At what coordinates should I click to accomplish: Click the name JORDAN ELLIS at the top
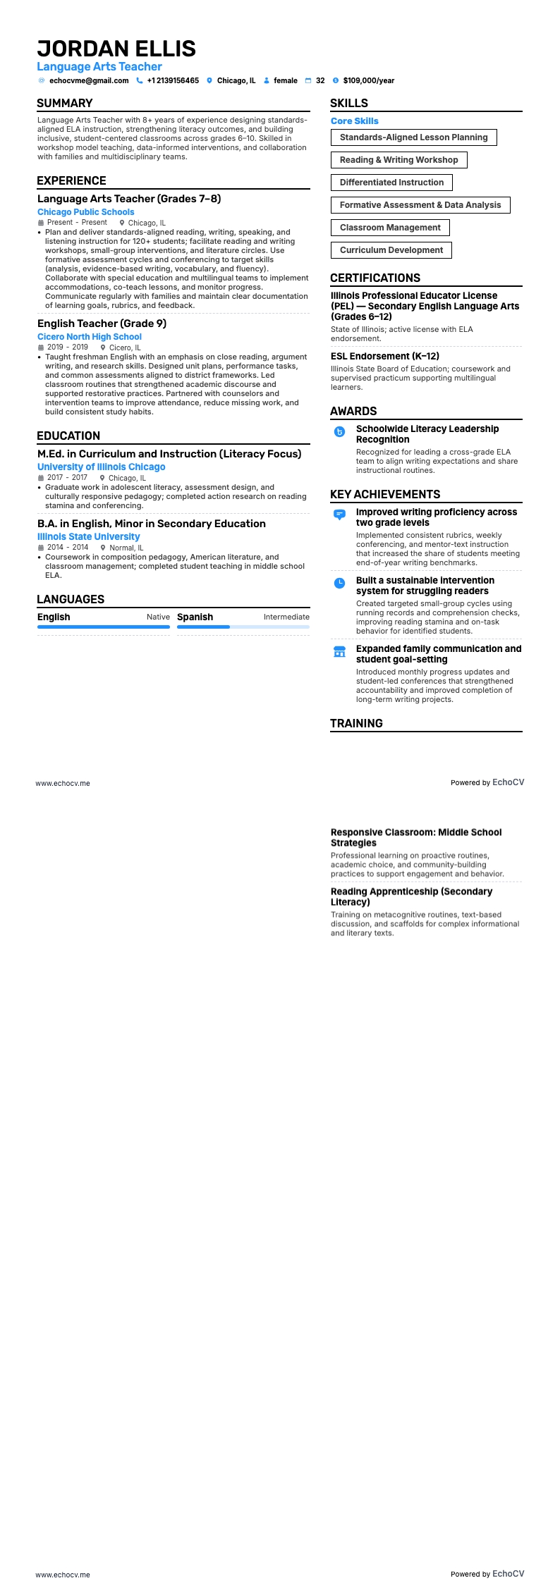coord(116,49)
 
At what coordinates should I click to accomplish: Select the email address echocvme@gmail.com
coord(89,81)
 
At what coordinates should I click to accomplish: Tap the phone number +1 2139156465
coord(173,81)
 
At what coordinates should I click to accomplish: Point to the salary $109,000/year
coord(368,81)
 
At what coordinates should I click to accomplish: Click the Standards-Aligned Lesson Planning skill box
coord(413,137)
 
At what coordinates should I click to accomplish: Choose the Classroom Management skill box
coord(390,228)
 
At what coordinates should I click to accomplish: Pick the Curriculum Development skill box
coord(391,250)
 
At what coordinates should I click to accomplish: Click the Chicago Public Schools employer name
coord(85,212)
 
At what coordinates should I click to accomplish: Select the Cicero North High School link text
coord(90,337)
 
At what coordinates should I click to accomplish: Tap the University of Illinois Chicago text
coord(101,467)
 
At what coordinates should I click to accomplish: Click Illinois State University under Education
coord(88,537)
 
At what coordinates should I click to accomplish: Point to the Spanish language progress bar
coord(243,627)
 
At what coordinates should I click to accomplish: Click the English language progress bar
coord(104,627)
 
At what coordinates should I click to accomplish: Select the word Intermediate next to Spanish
coord(286,617)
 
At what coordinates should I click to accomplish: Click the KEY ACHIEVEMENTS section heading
coord(385,495)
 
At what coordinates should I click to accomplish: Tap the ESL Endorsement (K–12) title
coord(385,357)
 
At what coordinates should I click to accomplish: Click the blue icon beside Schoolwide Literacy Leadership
coord(339,432)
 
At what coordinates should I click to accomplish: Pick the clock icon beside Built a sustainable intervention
coord(339,583)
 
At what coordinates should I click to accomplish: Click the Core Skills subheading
coord(355,121)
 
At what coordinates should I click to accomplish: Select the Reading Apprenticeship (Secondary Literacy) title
coord(411,897)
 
